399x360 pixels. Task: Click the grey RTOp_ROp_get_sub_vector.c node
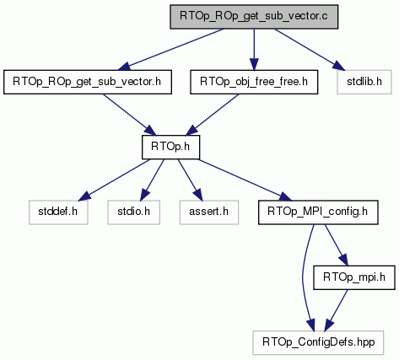click(x=254, y=17)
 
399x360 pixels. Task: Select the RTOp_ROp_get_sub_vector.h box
click(x=88, y=82)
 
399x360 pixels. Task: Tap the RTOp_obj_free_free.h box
click(x=254, y=82)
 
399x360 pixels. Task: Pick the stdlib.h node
click(x=364, y=82)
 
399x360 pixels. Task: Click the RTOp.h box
click(x=170, y=147)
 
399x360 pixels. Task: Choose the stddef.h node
click(x=58, y=212)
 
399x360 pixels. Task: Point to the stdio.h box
click(x=133, y=212)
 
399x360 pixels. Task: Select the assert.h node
click(x=209, y=212)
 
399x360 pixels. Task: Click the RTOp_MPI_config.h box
click(x=318, y=212)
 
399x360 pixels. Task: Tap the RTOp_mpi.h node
click(x=354, y=277)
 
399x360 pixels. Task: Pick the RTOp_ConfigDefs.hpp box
click(x=318, y=342)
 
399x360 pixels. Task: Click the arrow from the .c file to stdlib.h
click(x=309, y=49)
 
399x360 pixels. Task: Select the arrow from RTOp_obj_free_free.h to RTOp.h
click(x=213, y=115)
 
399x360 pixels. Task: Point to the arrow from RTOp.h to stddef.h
click(x=114, y=180)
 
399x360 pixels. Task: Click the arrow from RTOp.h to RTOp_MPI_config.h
click(x=245, y=180)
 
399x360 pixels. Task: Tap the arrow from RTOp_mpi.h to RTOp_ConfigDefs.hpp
click(x=336, y=310)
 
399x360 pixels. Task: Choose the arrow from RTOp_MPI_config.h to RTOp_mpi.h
click(x=337, y=245)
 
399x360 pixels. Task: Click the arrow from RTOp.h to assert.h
click(x=190, y=180)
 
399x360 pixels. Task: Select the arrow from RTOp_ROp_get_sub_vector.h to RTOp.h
click(x=129, y=115)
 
